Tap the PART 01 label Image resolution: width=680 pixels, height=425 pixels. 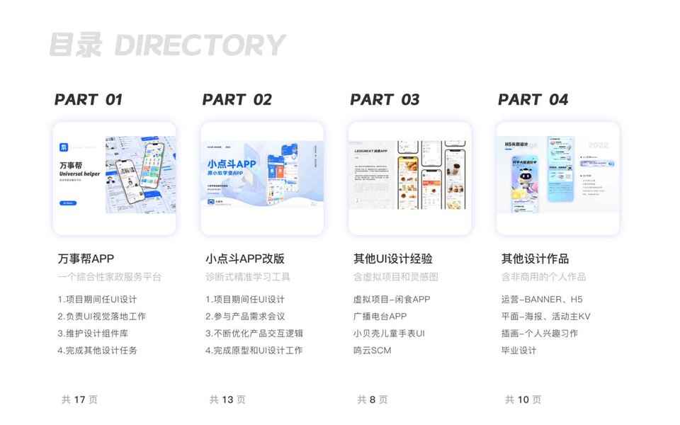click(89, 100)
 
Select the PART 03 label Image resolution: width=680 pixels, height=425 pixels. click(385, 100)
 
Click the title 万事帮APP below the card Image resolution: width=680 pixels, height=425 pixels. click(86, 259)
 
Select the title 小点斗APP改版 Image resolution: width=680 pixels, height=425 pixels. click(245, 259)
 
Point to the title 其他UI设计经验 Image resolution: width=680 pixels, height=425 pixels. click(392, 259)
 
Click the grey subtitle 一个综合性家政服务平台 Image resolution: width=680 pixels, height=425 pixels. click(110, 277)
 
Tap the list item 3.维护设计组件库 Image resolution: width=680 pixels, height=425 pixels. click(93, 334)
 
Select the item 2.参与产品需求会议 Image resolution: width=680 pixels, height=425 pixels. click(245, 317)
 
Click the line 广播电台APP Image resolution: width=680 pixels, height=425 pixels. click(380, 317)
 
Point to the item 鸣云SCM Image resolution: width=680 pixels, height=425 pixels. click(372, 351)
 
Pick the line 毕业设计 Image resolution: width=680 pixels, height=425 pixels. click(518, 351)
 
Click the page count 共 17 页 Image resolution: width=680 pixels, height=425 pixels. click(79, 399)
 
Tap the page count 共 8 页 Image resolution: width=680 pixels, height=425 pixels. click(373, 399)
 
